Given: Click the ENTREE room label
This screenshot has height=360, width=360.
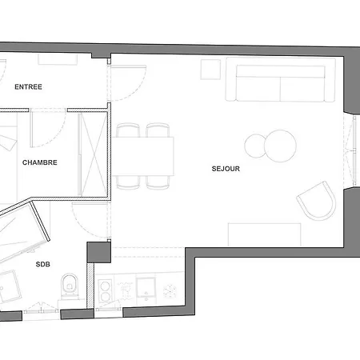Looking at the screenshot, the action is [x=28, y=87].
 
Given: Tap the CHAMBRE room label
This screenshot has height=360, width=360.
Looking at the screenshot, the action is [x=40, y=162].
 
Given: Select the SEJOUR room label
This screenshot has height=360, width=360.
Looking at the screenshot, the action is [x=226, y=169].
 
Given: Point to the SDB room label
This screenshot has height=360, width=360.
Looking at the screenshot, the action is [x=43, y=264].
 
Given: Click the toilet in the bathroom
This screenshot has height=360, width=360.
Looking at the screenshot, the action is [x=70, y=286].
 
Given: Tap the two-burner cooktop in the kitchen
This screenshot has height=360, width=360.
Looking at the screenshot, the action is [x=105, y=291].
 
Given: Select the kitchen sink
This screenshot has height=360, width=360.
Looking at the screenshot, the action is [x=146, y=287].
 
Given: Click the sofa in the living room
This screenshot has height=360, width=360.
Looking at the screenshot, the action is [x=280, y=79].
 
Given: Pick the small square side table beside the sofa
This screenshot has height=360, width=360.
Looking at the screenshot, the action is [x=210, y=70].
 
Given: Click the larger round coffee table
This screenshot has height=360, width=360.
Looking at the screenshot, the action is [x=280, y=146].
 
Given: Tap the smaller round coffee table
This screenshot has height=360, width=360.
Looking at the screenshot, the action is [x=255, y=146].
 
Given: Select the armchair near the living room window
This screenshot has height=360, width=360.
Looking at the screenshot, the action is [x=317, y=202].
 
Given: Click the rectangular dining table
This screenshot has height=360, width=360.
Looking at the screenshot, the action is [x=143, y=156].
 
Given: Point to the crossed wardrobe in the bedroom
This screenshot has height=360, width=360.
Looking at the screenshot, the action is [x=94, y=154].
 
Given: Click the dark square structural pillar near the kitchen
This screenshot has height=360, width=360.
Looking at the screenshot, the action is [x=98, y=252].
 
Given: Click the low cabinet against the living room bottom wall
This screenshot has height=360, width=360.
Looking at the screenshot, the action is [x=265, y=234].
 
